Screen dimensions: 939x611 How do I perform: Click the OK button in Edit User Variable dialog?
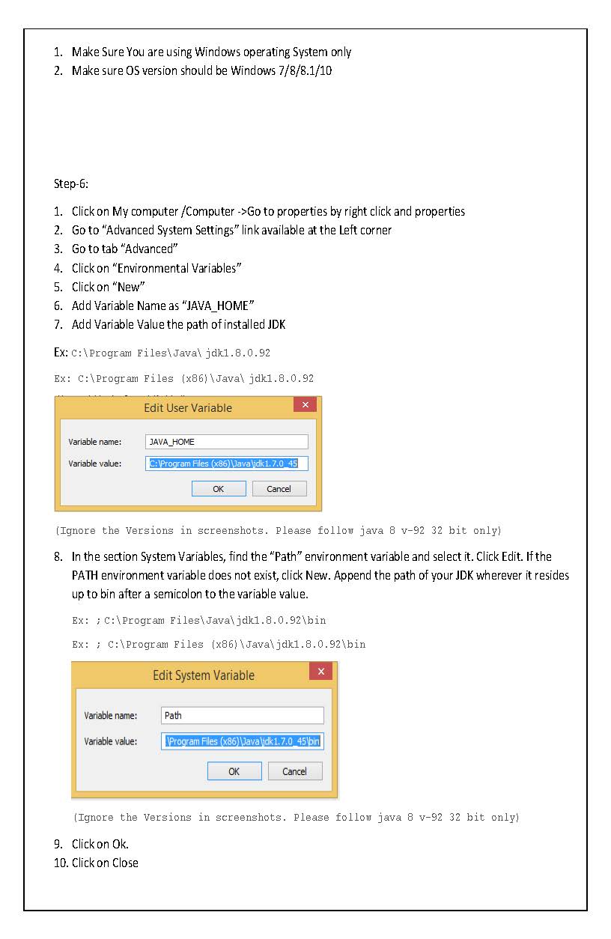point(218,488)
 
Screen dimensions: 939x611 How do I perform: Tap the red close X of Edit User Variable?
point(305,405)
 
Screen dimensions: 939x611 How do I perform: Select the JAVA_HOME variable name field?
point(226,442)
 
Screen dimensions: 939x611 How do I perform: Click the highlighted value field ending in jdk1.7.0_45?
point(226,464)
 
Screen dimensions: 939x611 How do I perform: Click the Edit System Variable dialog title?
point(203,675)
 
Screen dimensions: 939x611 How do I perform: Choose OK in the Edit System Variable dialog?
point(234,771)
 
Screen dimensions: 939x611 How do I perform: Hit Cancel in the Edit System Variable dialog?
point(294,771)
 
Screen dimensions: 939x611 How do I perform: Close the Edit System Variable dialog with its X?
point(320,672)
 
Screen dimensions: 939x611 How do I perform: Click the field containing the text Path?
point(243,715)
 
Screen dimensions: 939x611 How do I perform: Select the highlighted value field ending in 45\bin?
point(243,741)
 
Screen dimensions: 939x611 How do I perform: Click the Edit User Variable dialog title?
point(187,408)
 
